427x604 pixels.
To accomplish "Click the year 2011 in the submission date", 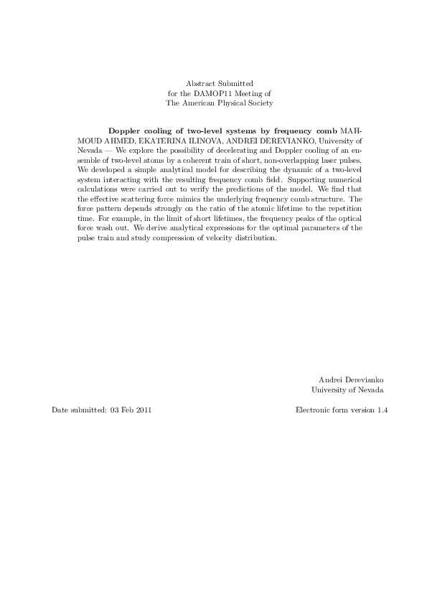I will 143,410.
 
